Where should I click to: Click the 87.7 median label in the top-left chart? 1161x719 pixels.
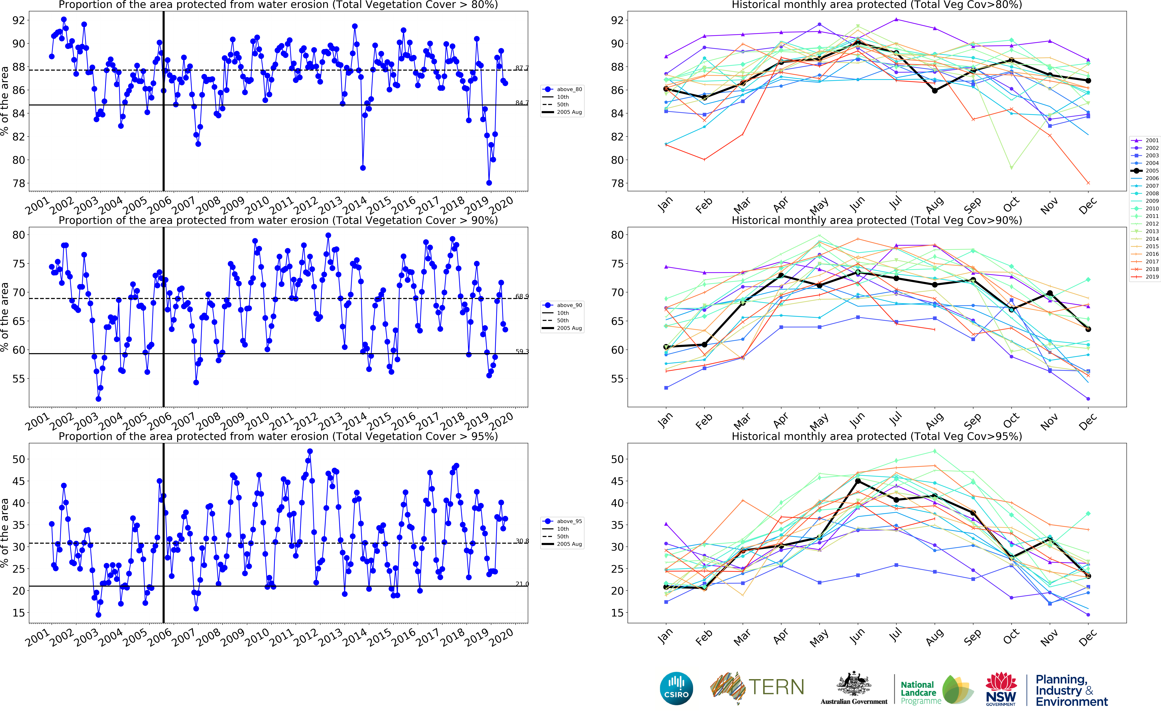(522, 68)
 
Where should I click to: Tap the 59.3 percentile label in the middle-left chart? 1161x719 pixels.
(522, 351)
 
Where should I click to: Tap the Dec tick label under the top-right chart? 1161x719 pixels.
(1088, 205)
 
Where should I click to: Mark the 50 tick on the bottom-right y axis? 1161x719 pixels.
(617, 459)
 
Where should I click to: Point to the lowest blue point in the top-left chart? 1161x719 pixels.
(489, 183)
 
